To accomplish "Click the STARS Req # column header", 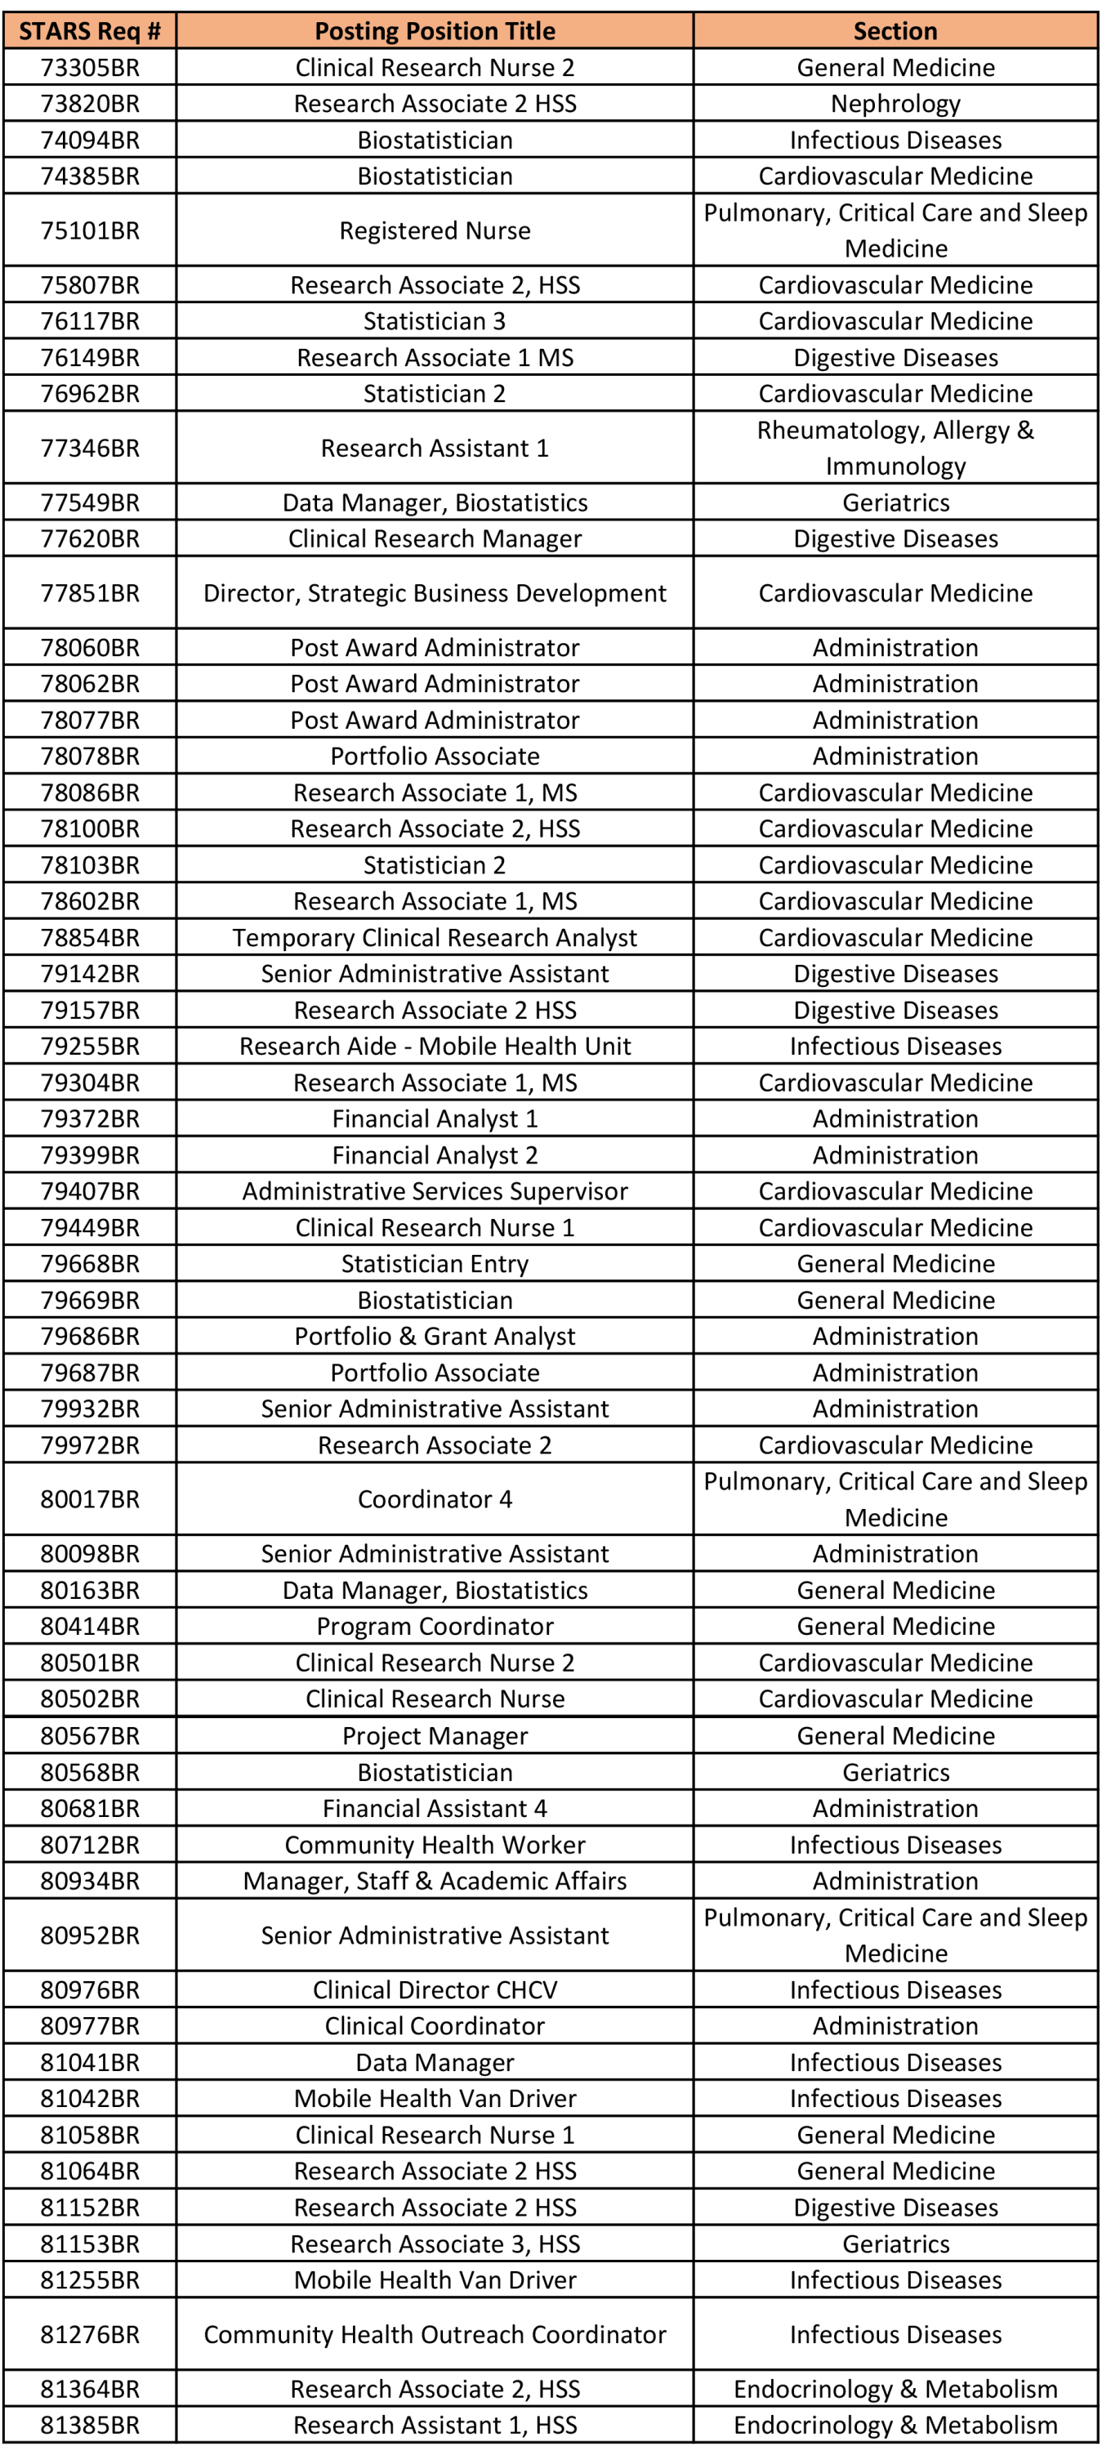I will coord(90,31).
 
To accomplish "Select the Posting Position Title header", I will coord(435,31).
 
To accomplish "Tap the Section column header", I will coord(895,31).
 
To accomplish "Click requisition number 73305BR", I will coord(90,68).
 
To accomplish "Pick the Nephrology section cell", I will coord(895,104).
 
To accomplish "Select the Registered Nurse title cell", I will coord(435,230).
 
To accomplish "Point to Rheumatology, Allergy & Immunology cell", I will coord(895,447).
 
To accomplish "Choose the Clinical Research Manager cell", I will coord(435,538).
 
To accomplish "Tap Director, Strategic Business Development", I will coord(435,593).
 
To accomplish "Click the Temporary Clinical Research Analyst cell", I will coord(435,938).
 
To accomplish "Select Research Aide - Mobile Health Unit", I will coord(435,1047).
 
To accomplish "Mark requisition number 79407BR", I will coord(90,1191).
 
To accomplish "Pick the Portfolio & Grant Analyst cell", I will coord(435,1337).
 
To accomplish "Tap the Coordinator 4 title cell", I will coord(435,1499).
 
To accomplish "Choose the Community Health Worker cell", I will coord(435,1845).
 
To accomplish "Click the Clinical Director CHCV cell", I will coord(435,1989).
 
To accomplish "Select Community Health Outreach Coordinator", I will coord(435,2334).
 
